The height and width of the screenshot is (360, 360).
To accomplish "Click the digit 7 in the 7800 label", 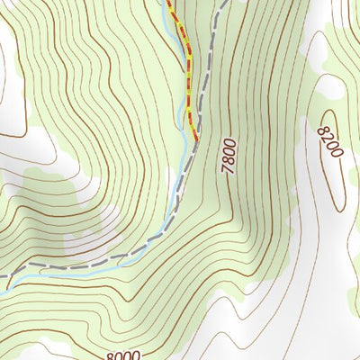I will [x=231, y=170].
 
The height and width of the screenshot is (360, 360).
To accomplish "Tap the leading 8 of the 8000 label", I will [x=110, y=356].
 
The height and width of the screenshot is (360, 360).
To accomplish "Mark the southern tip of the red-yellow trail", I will [x=195, y=137].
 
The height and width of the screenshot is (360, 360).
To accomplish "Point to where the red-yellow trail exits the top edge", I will [x=168, y=3].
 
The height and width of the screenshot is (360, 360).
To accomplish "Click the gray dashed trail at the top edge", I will [x=220, y=3].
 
